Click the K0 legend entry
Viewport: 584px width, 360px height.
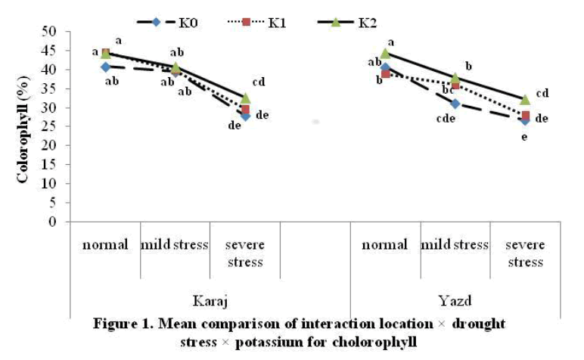tap(166, 21)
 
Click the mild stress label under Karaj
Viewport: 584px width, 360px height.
tap(176, 245)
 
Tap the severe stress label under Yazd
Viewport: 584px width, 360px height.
tap(525, 253)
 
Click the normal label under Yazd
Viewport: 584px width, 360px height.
tap(385, 245)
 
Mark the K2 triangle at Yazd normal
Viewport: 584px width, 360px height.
tap(385, 53)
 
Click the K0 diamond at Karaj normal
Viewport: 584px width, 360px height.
tap(105, 67)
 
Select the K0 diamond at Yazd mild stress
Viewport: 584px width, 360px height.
tap(455, 103)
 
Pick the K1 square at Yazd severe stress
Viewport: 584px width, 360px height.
tap(526, 115)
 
